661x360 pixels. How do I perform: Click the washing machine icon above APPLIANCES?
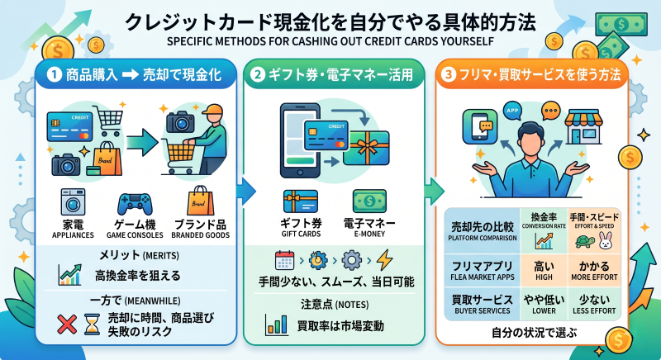pos(73,202)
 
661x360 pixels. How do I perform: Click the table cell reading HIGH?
pos(544,271)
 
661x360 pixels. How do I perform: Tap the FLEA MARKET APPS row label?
pos(482,271)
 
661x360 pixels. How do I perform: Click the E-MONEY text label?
pos(369,234)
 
